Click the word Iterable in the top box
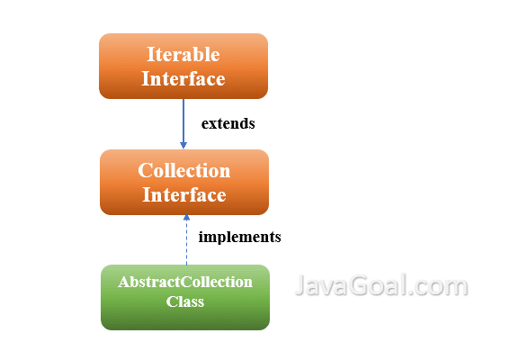click(183, 54)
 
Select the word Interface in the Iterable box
click(183, 78)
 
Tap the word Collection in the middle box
click(184, 170)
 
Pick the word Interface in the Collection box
click(184, 194)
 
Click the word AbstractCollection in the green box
click(185, 282)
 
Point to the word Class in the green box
click(185, 301)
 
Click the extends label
click(228, 123)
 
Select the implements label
click(240, 237)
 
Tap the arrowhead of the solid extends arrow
click(183, 145)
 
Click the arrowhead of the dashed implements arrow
click(186, 217)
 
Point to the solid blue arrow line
click(183, 123)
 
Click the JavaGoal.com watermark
click(381, 285)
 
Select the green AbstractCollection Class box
click(185, 298)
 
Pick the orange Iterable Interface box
click(183, 66)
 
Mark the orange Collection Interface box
click(184, 183)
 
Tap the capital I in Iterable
click(151, 54)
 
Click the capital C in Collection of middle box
click(145, 170)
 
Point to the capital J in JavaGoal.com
click(300, 285)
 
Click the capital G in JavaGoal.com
click(360, 285)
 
